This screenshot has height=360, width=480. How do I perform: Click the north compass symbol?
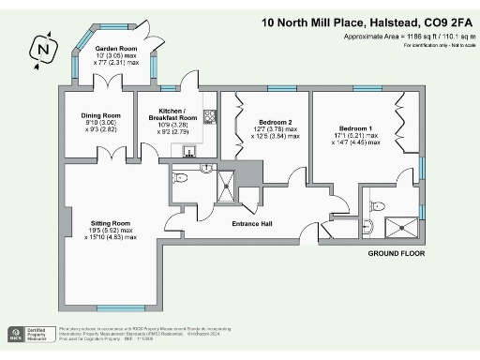[x=40, y=47]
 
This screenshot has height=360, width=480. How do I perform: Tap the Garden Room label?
[x=115, y=47]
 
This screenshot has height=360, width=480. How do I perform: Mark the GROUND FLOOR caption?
[x=396, y=254]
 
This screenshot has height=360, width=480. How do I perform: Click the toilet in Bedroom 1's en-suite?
[x=373, y=223]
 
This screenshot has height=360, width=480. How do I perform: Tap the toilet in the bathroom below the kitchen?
[x=181, y=175]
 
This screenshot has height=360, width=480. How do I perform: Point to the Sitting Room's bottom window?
[x=121, y=308]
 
